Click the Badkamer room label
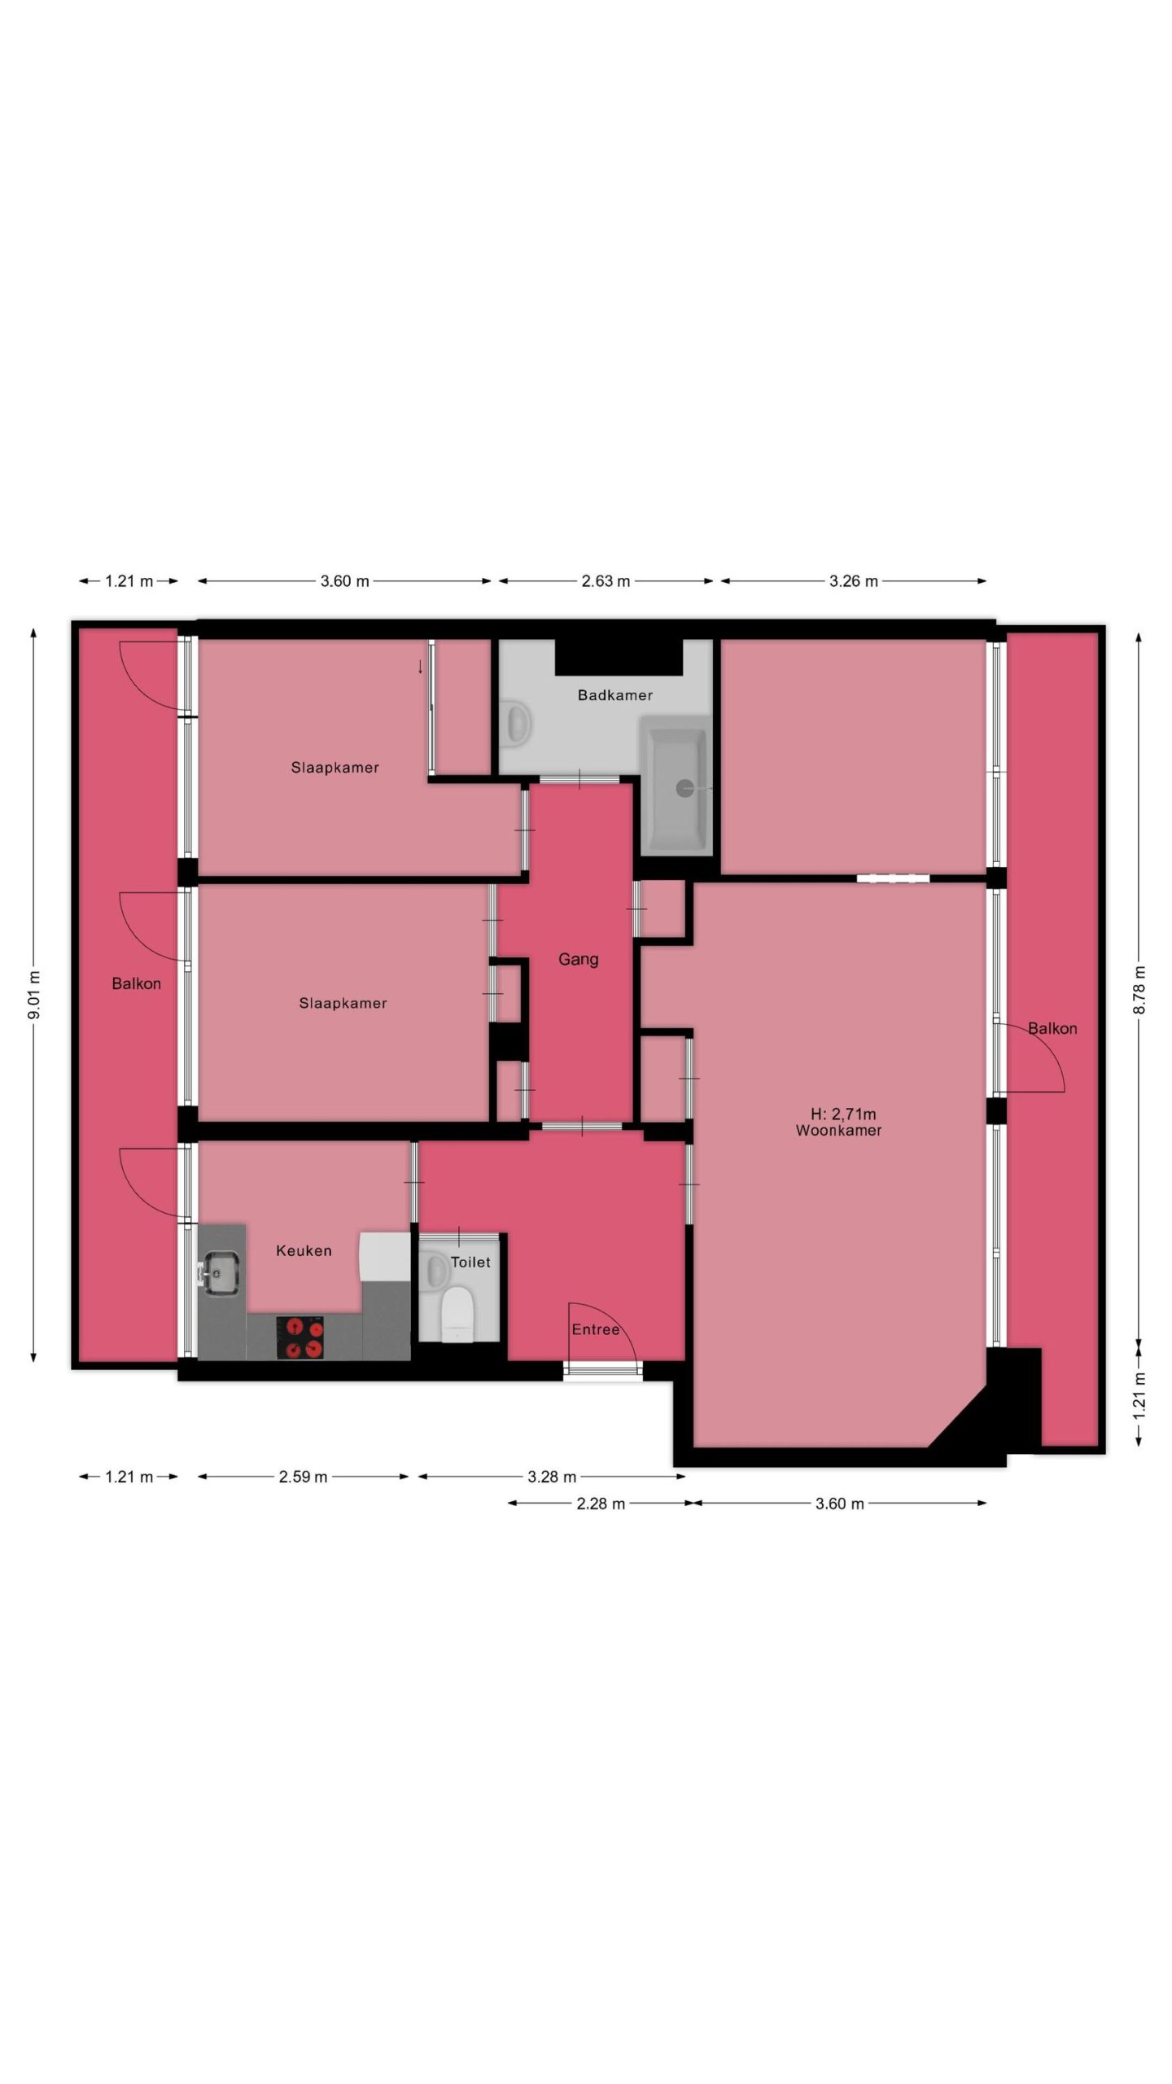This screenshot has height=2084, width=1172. pos(614,695)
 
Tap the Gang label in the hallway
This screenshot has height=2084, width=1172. pos(578,960)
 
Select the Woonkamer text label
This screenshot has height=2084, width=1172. pos(838,1130)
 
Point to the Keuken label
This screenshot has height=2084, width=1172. pos(304,1250)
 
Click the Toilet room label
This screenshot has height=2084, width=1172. pos(470,1262)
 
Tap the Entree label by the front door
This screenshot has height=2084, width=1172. pos(596,1329)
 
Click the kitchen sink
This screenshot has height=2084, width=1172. pos(220,1272)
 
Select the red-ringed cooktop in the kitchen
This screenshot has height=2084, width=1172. pos(300,1338)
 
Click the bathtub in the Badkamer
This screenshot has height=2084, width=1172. pos(676,786)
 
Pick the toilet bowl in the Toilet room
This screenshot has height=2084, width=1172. pos(457,1313)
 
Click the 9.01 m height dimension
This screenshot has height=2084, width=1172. pos(33,995)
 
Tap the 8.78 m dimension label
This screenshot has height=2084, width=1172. pos(1139,989)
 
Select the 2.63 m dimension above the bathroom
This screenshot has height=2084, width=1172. pos(606,581)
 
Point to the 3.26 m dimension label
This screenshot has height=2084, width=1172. pos(854,581)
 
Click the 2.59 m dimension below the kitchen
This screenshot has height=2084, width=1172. pos(303,1477)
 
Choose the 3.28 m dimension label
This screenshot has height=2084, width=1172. pos(552,1477)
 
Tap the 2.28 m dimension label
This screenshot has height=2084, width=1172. pos(601,1504)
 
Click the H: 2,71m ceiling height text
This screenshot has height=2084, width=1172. pos(843,1114)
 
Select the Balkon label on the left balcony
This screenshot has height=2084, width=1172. pos(136,983)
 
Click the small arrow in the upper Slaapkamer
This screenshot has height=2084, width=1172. pos(420,667)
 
